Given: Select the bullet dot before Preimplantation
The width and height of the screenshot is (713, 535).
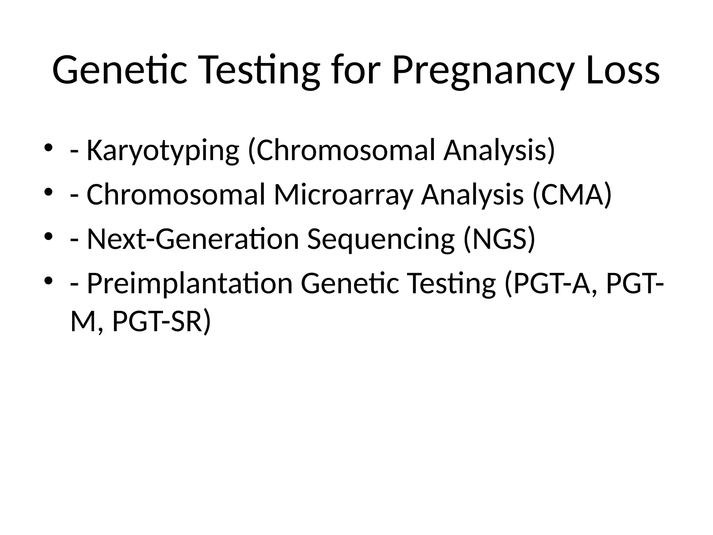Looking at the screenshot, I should pos(48,280).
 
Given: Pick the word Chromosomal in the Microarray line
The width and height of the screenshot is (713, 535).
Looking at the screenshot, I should pos(176,195).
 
